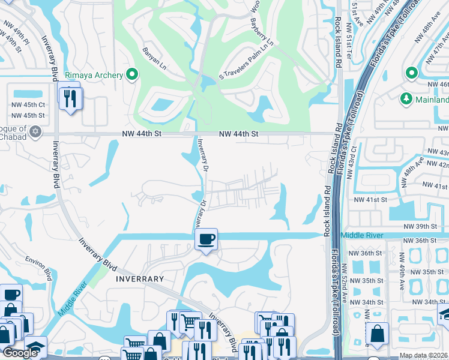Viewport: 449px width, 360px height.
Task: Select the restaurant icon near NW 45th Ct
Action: [70, 97]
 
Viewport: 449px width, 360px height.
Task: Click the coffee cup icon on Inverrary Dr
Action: [206, 239]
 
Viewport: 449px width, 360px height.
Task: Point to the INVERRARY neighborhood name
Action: [139, 279]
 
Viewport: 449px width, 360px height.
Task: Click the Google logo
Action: [20, 353]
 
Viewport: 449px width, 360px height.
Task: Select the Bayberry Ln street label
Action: [261, 34]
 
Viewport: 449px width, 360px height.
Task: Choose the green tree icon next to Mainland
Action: [406, 98]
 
